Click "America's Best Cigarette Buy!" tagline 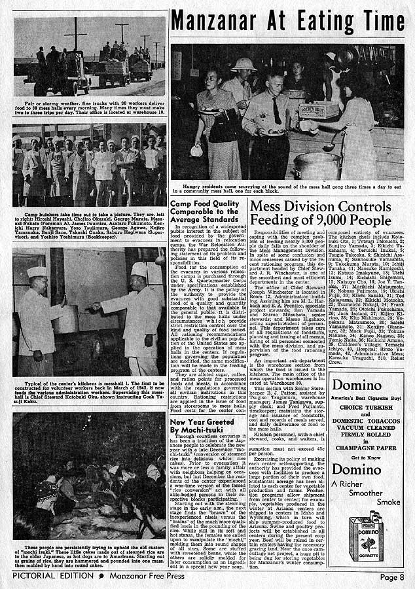(x=366, y=397)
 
